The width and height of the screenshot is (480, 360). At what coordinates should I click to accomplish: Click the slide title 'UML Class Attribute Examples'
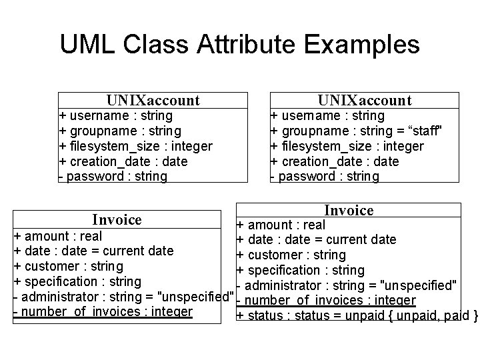[239, 45]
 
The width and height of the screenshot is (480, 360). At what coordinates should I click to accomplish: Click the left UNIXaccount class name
[153, 101]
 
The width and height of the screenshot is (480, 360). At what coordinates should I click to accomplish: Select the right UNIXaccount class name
[365, 101]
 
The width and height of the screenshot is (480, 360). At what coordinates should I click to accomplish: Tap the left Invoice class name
[117, 219]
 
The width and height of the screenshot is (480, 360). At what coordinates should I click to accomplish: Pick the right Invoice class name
[349, 210]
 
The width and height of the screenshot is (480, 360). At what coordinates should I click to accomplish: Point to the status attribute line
[357, 315]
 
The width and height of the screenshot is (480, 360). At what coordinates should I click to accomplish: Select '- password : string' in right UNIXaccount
[325, 177]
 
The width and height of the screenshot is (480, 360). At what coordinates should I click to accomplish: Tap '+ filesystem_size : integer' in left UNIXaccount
[136, 146]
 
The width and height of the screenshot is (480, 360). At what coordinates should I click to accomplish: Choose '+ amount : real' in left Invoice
[58, 236]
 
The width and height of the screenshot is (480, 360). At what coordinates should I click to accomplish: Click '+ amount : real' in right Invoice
[281, 225]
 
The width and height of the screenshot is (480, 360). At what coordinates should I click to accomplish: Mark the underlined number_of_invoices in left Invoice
[103, 311]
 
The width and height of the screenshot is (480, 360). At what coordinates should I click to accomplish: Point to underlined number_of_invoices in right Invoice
[327, 301]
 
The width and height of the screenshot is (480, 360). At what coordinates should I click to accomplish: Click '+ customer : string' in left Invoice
[68, 266]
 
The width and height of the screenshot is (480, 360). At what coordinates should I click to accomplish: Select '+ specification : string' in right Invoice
[300, 270]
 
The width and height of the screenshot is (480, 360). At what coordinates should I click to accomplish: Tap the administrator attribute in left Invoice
[123, 296]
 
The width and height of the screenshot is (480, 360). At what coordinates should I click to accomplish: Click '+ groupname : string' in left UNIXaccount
[120, 131]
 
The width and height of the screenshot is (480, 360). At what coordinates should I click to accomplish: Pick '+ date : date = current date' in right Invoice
[316, 240]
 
